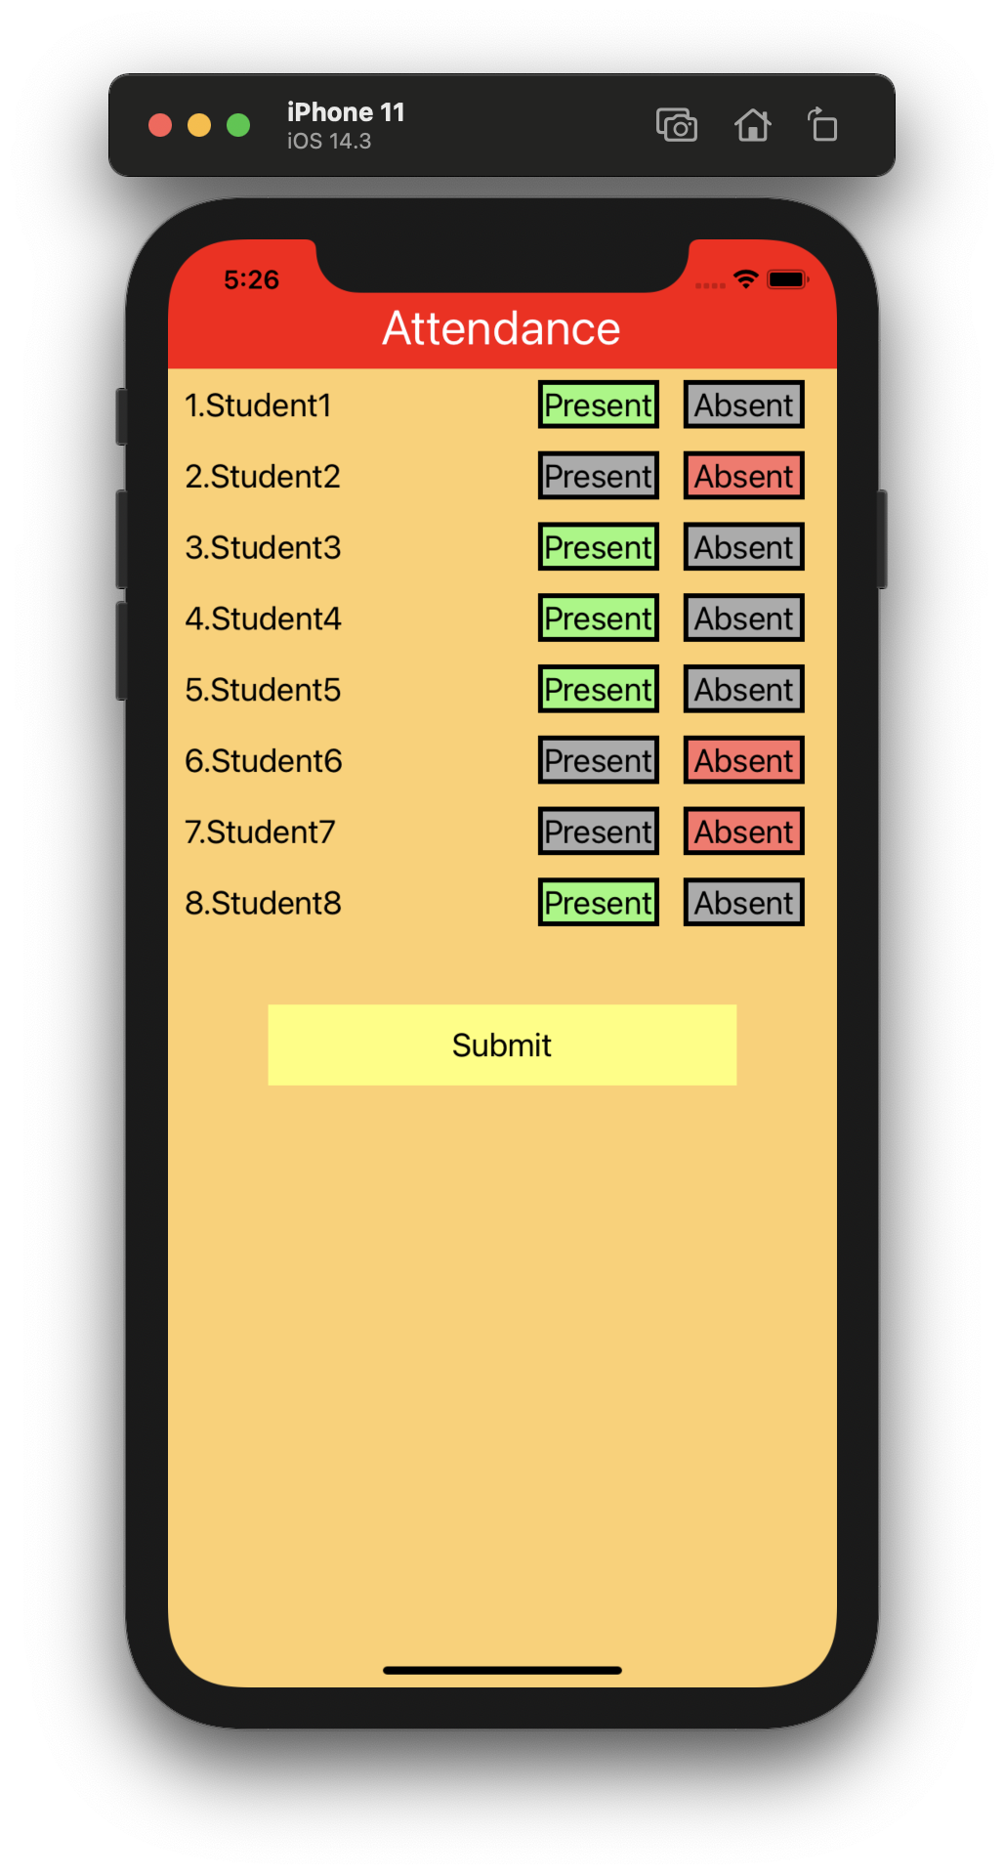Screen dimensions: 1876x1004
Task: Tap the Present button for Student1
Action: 598,405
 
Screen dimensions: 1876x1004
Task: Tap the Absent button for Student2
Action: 743,476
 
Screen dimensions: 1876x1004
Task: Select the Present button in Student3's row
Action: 598,547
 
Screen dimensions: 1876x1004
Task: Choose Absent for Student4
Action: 743,618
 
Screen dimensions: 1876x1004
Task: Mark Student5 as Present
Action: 598,690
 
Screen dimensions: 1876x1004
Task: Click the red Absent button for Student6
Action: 743,760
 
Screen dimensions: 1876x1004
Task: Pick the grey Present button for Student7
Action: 598,831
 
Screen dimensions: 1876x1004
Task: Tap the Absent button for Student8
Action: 743,903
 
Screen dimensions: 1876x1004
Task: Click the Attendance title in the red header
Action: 501,328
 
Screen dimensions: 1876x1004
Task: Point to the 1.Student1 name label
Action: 259,405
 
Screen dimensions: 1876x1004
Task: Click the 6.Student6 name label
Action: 264,761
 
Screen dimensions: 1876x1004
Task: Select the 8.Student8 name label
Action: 264,903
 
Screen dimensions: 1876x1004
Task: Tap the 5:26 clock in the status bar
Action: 251,279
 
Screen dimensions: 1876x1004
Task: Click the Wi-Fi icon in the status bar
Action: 746,279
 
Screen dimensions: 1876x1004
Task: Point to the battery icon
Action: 787,279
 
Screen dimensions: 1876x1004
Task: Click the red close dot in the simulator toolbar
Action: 160,125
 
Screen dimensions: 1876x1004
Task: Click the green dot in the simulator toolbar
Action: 238,125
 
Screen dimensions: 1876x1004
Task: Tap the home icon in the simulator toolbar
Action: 752,125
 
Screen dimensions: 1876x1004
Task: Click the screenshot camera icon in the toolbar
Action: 676,125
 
